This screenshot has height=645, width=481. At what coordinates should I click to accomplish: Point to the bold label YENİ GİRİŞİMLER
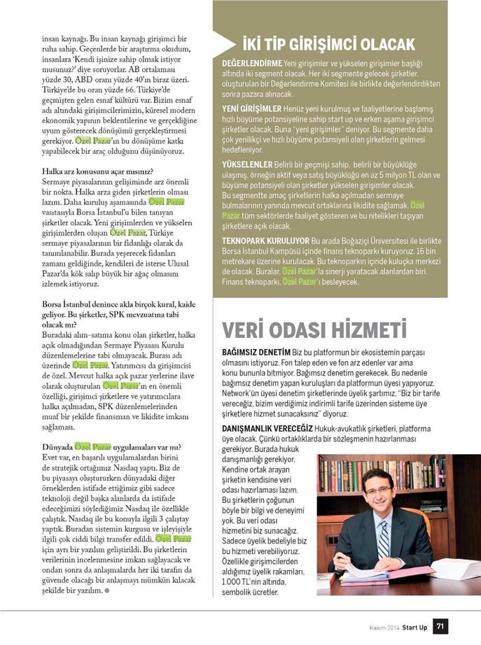coord(251,109)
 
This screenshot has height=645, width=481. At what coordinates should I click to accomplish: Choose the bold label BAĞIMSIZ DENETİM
coord(256,355)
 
